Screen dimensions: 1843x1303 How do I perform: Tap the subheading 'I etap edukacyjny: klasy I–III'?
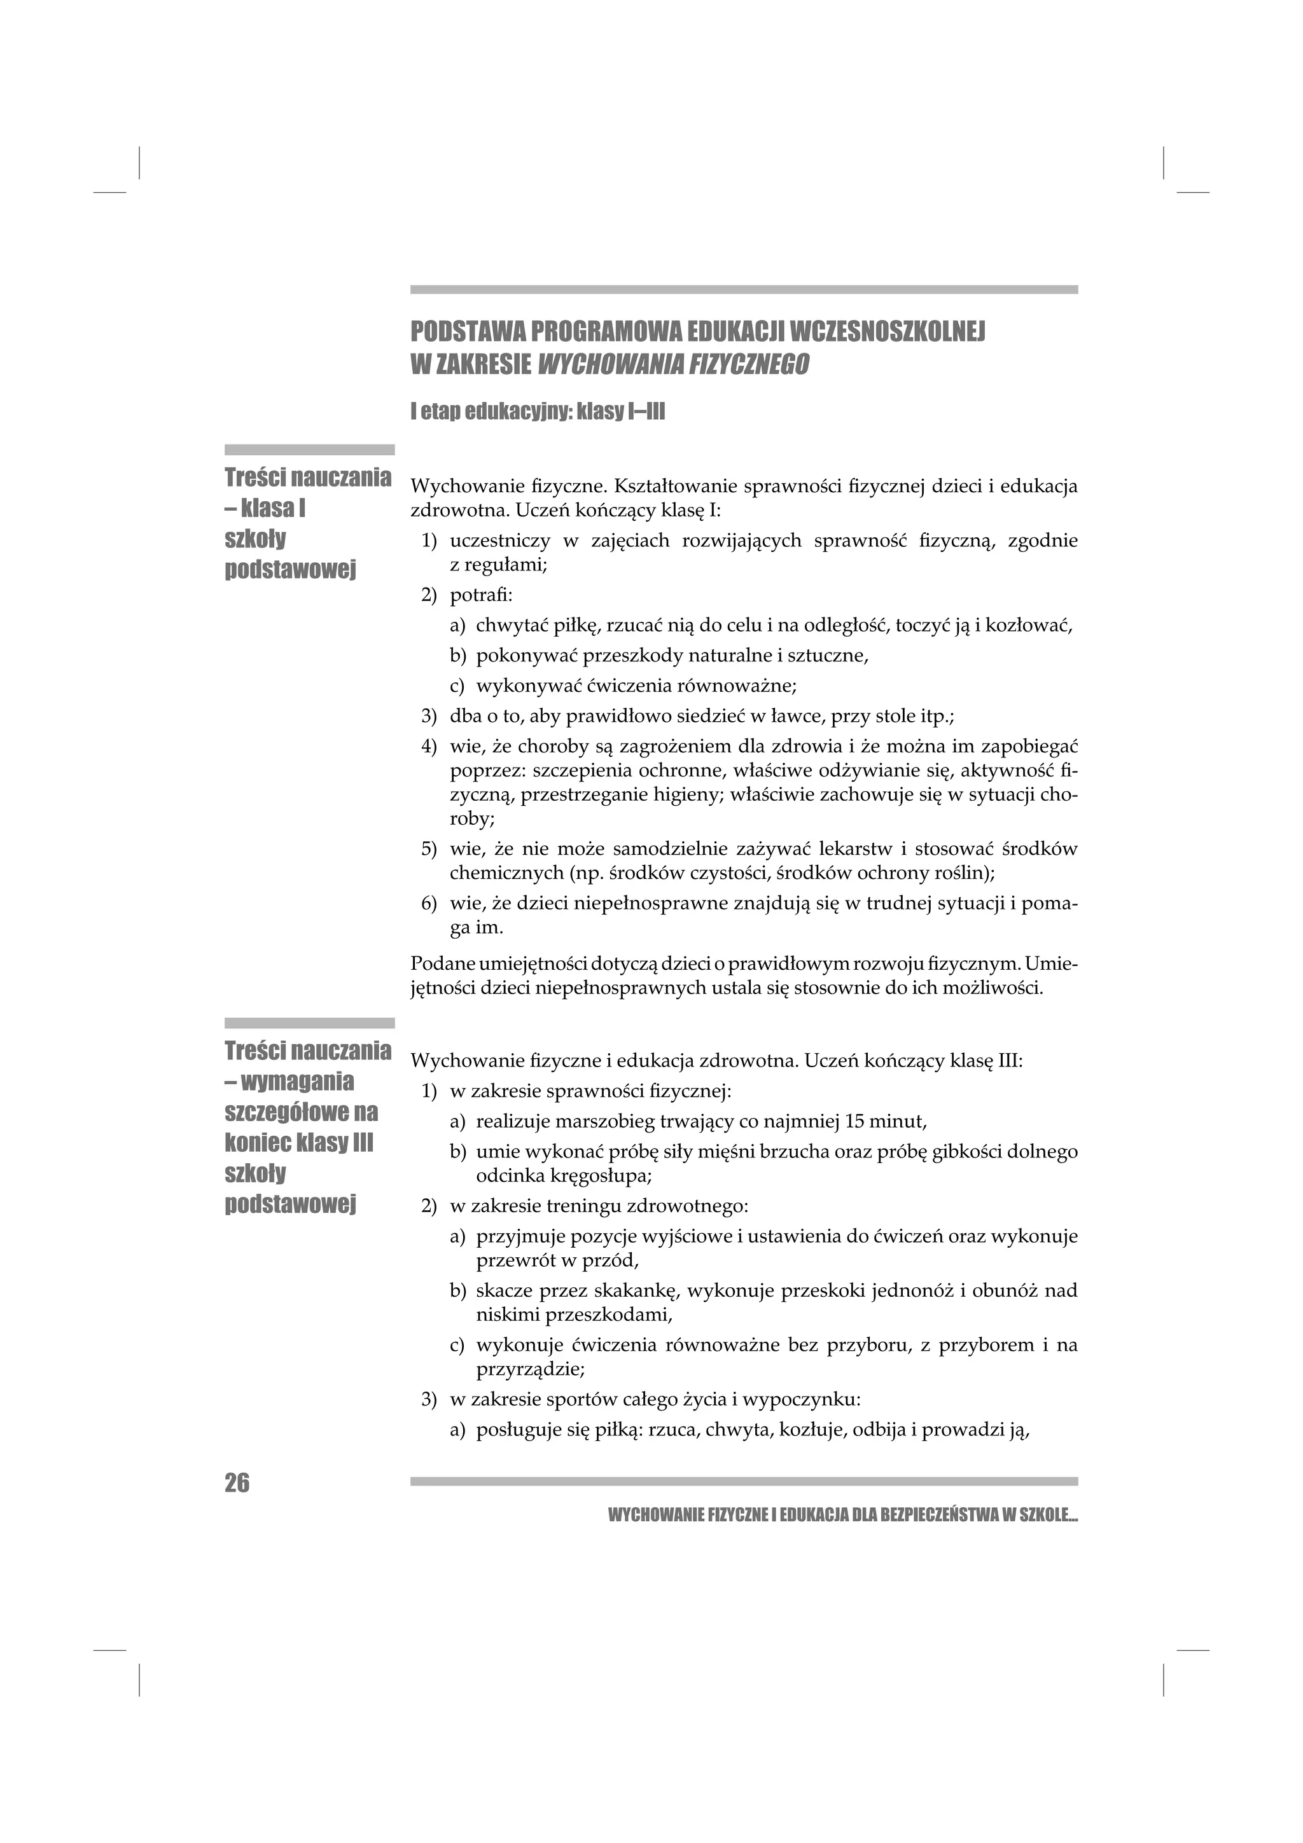(x=537, y=413)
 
